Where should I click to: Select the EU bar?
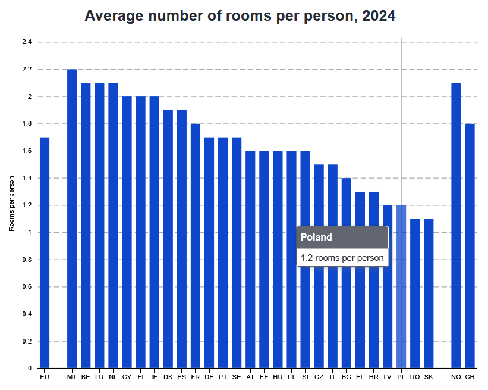pyautogui.click(x=45, y=252)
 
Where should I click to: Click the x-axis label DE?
pyautogui.click(x=209, y=377)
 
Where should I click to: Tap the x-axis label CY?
pyautogui.click(x=127, y=377)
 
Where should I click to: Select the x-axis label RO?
pyautogui.click(x=415, y=377)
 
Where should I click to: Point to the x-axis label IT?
pyautogui.click(x=333, y=377)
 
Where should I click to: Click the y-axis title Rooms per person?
pyautogui.click(x=11, y=205)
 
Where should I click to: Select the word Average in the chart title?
pyautogui.click(x=113, y=16)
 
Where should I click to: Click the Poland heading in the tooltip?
pyautogui.click(x=316, y=237)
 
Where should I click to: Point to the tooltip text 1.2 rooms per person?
pyautogui.click(x=342, y=258)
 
